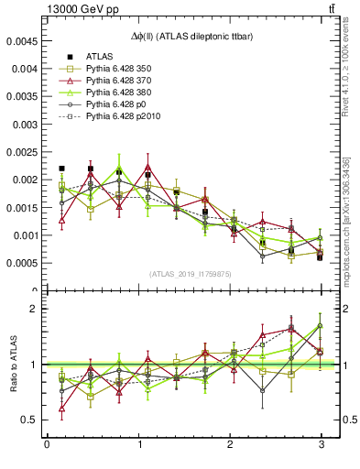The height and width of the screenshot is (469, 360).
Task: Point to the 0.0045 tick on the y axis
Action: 21,41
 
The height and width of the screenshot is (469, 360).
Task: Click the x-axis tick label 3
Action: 321,446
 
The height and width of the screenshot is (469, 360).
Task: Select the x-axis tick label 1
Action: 138,446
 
